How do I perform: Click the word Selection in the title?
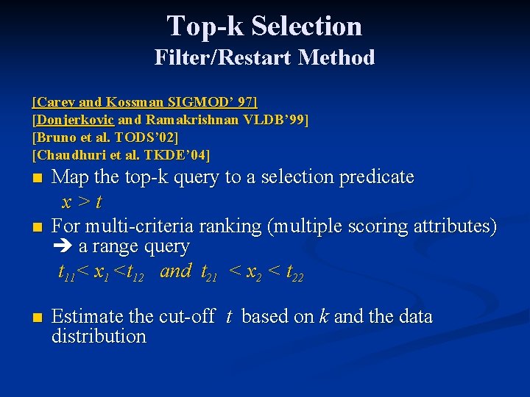click(306, 26)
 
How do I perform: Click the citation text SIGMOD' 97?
click(218, 101)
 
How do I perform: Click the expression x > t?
click(81, 201)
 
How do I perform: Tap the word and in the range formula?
click(175, 272)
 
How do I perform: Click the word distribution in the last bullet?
click(99, 337)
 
